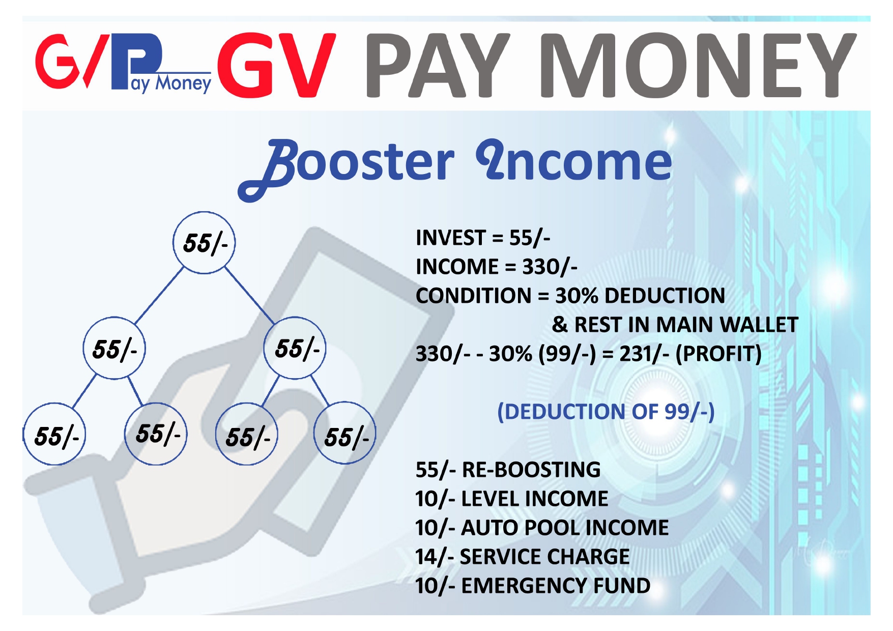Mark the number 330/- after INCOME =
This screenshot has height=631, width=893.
point(550,267)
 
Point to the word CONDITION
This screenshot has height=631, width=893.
point(474,296)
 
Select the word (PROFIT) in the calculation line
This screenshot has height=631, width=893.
point(718,354)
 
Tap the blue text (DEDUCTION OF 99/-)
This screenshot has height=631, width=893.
point(606,412)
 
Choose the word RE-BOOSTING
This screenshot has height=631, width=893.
point(531,470)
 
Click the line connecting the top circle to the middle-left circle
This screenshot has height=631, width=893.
point(159,295)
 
